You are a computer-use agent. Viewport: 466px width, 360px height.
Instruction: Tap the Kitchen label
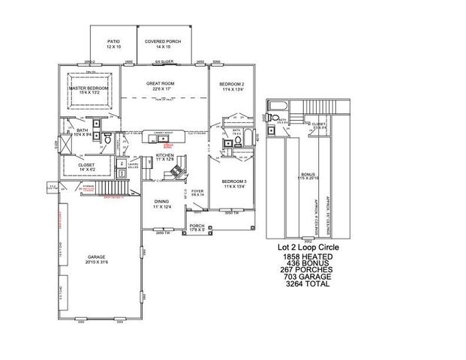164,157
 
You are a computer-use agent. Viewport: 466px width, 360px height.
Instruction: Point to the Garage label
95,258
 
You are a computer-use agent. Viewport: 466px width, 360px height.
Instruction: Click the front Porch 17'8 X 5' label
197,227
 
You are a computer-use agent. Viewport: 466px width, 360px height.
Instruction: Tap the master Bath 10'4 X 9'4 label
83,132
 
